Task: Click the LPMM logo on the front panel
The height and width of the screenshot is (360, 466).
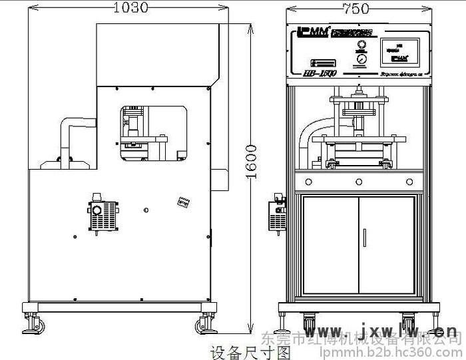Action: click(310, 32)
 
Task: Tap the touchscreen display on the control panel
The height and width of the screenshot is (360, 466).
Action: click(399, 53)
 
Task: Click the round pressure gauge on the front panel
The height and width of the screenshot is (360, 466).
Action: click(361, 59)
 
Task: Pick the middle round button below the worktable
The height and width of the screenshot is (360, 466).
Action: click(358, 181)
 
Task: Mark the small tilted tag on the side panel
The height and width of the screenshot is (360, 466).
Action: click(181, 202)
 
